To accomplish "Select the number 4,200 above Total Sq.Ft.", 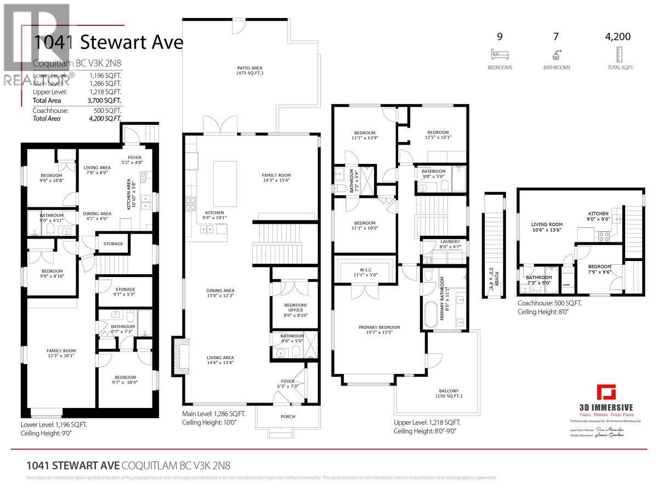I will (x=617, y=37).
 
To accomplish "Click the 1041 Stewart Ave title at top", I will (x=107, y=42).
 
